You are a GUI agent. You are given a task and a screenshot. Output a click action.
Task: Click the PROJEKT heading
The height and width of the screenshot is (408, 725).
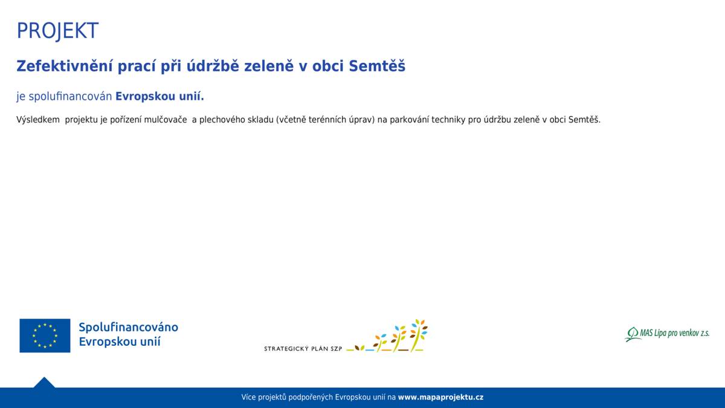coord(57,30)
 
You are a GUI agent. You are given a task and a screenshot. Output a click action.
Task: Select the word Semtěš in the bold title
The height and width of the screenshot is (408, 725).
coord(377,66)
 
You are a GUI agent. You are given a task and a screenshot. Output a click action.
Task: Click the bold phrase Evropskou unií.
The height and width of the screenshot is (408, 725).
coord(159,97)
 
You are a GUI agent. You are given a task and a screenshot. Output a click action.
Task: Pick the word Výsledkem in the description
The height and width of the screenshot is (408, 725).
coord(38,120)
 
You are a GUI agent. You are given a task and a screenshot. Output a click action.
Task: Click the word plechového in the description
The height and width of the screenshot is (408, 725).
coord(227,120)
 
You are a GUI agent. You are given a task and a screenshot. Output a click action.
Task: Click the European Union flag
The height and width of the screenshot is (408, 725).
coord(45,335)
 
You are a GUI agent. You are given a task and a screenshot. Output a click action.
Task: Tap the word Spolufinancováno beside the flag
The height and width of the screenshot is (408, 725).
coord(128,327)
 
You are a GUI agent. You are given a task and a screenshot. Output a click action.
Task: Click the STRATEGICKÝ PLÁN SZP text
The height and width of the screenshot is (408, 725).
coord(303,349)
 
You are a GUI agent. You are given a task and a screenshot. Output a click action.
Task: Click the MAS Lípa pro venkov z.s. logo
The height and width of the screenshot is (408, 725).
coord(667,334)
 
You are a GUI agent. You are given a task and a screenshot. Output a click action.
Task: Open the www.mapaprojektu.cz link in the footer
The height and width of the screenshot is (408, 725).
coord(440,397)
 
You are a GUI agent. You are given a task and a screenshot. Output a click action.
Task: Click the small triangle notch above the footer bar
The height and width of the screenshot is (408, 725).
coord(44,382)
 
